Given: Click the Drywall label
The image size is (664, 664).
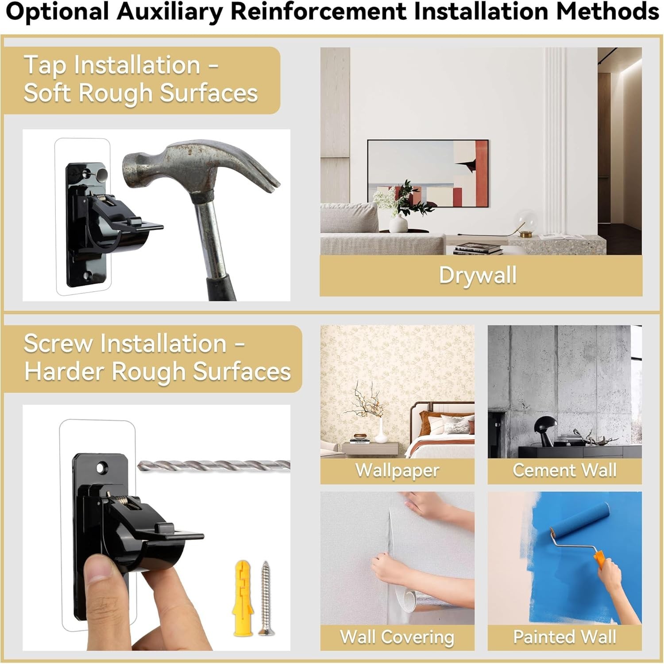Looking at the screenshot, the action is [x=478, y=275].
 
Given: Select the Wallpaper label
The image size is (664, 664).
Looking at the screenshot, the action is [x=397, y=470].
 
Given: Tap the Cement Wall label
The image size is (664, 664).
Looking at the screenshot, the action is [x=564, y=470].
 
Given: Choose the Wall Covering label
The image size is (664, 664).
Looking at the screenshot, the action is [x=397, y=637].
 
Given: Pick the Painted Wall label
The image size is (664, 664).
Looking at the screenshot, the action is [x=564, y=637].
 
